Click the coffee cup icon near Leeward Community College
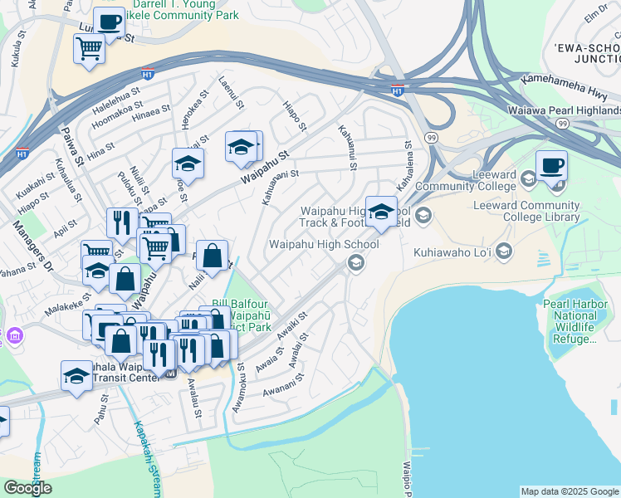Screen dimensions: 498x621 coord(551,165)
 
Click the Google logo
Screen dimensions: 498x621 coord(27,488)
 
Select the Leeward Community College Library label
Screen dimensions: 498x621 coord(526,212)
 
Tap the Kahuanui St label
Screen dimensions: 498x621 coord(348,148)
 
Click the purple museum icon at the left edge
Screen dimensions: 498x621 coord(14,337)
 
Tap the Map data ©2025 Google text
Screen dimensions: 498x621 coord(570,491)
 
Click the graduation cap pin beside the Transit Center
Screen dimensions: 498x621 coord(76,375)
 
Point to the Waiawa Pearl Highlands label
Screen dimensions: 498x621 coord(564,110)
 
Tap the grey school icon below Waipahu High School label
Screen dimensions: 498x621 coord(355,263)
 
